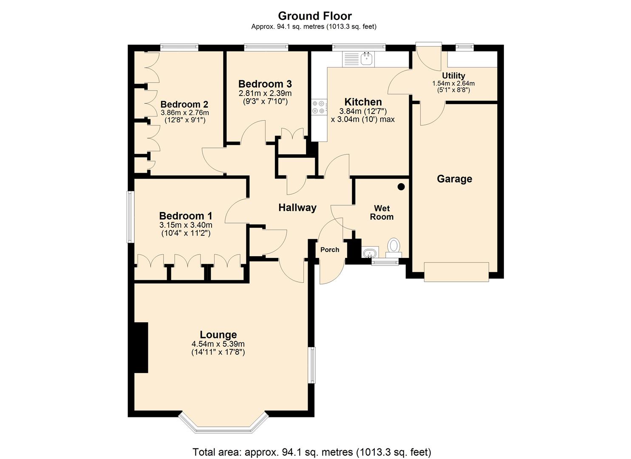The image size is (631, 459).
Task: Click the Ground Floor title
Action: [315, 16]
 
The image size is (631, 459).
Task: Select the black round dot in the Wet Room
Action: [401, 187]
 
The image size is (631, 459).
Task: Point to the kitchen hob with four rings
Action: [319, 107]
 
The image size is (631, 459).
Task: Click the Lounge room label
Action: [218, 334]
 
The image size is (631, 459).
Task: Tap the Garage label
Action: [454, 179]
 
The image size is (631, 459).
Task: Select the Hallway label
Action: [297, 208]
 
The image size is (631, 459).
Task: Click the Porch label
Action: [330, 249]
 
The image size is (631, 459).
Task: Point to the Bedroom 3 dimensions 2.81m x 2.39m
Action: [265, 93]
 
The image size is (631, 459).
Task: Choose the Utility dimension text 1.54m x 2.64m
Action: [453, 83]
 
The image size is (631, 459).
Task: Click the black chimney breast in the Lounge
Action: [141, 348]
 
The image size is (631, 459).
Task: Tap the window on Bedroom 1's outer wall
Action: [130, 217]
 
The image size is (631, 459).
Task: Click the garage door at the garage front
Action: [456, 272]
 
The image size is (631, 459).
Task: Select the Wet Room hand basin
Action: [369, 252]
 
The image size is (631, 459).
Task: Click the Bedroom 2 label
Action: [184, 104]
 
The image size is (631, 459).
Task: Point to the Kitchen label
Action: [363, 102]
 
